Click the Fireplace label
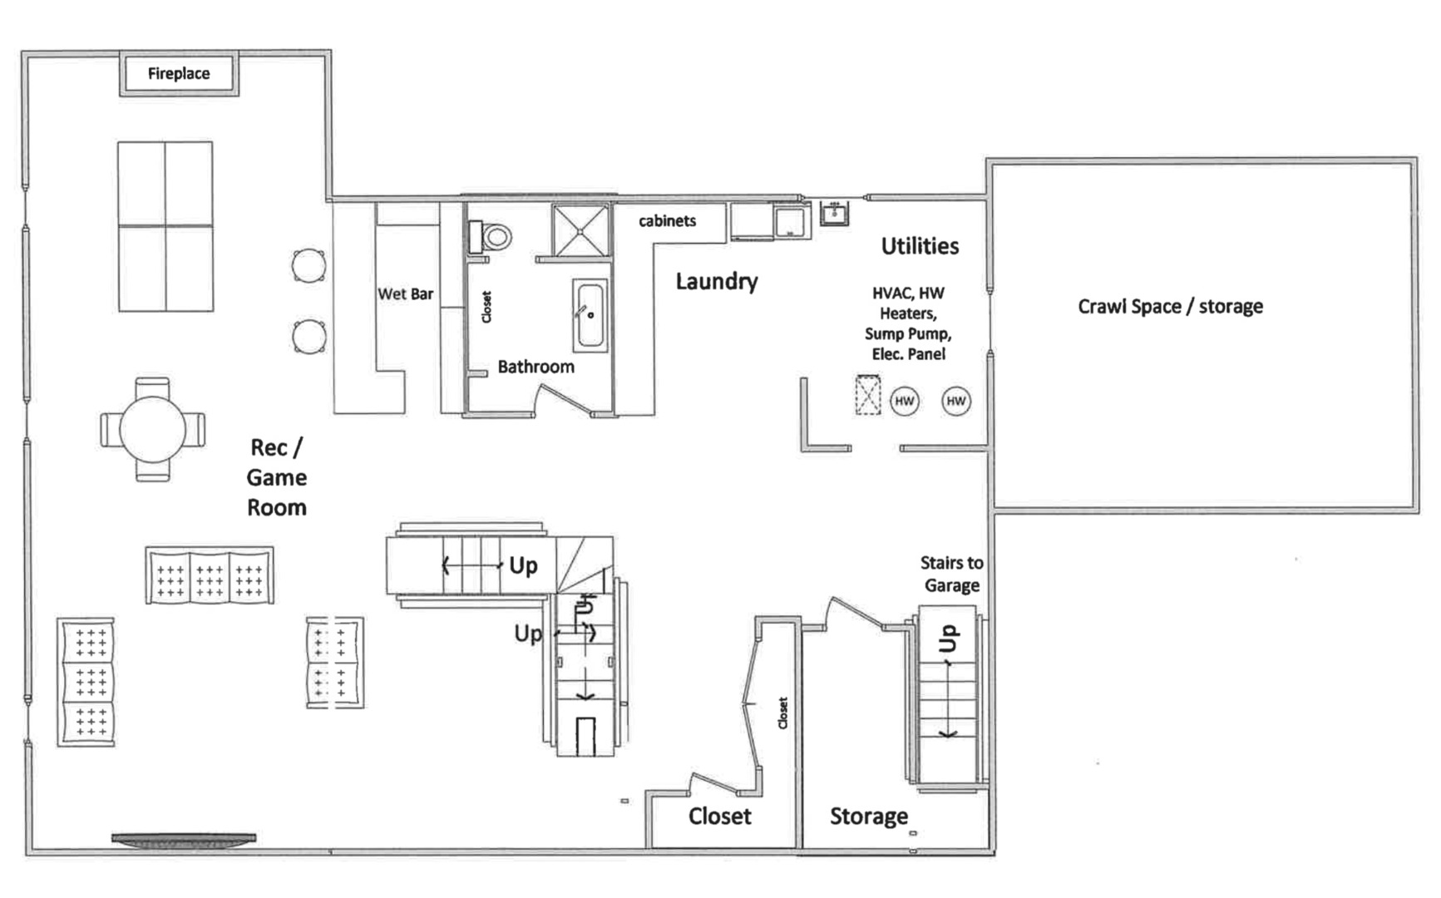179,73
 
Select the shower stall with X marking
580,229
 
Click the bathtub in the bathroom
590,315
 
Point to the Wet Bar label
405,294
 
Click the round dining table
152,430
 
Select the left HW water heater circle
905,401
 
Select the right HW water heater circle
956,401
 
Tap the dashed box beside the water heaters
867,394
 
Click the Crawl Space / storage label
1170,307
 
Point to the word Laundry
716,282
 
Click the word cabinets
667,221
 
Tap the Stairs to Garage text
951,574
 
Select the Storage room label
868,817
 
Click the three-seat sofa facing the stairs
210,575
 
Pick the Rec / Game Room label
276,477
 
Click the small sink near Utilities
834,214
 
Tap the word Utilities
920,246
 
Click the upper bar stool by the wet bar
308,266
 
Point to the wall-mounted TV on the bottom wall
184,840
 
